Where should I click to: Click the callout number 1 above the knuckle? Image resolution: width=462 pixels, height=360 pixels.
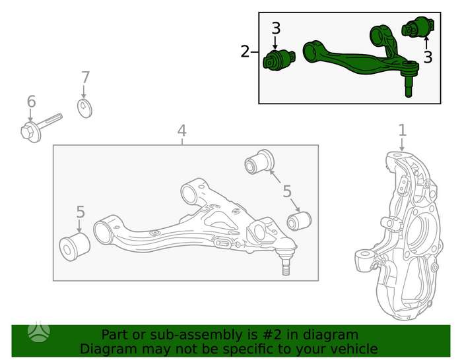pos(402,130)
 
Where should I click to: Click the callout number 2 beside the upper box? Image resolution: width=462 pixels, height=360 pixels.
pos(245,51)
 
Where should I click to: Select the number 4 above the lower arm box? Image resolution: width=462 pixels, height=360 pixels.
pos(181,131)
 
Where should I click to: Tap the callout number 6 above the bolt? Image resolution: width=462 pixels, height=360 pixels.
pos(31,102)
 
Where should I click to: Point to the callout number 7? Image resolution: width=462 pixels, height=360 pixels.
pos(85,78)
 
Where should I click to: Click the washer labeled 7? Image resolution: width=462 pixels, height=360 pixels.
pos(84,109)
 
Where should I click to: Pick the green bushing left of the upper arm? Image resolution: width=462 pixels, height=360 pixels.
pos(279,60)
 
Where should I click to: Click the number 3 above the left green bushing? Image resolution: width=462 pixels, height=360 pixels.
pos(276,28)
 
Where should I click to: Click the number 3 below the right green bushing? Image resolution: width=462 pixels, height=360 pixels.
pos(428,57)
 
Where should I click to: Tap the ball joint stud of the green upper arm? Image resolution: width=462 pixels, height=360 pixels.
pos(408,87)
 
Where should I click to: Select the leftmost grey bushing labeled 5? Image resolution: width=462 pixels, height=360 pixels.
pos(75,247)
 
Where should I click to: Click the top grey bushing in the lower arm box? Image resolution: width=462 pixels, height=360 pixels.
pos(259,162)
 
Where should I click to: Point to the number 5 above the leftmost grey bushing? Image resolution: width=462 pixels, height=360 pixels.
pos(81,212)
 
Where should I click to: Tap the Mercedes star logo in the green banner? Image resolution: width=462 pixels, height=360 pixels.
pos(39,332)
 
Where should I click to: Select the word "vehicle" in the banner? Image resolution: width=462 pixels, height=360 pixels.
pos(354,349)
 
